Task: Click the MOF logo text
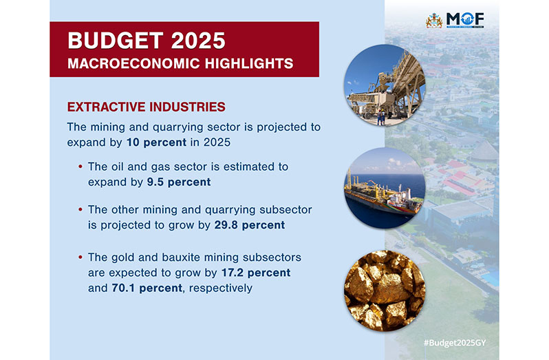point(465,19)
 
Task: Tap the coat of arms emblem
point(434,21)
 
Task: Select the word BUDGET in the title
point(116,41)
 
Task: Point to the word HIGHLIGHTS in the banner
point(249,64)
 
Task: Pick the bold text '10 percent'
point(156,142)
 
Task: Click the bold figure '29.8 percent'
point(250,225)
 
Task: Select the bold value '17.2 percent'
point(256,273)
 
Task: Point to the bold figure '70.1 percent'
point(147,288)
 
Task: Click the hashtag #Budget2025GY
point(455,343)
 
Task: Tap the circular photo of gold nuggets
point(385,290)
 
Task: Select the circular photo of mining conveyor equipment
point(385,85)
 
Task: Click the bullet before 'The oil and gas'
point(80,167)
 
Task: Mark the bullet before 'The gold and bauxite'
point(80,257)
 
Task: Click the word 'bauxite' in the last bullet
point(181,257)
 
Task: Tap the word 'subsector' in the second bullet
point(286,210)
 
